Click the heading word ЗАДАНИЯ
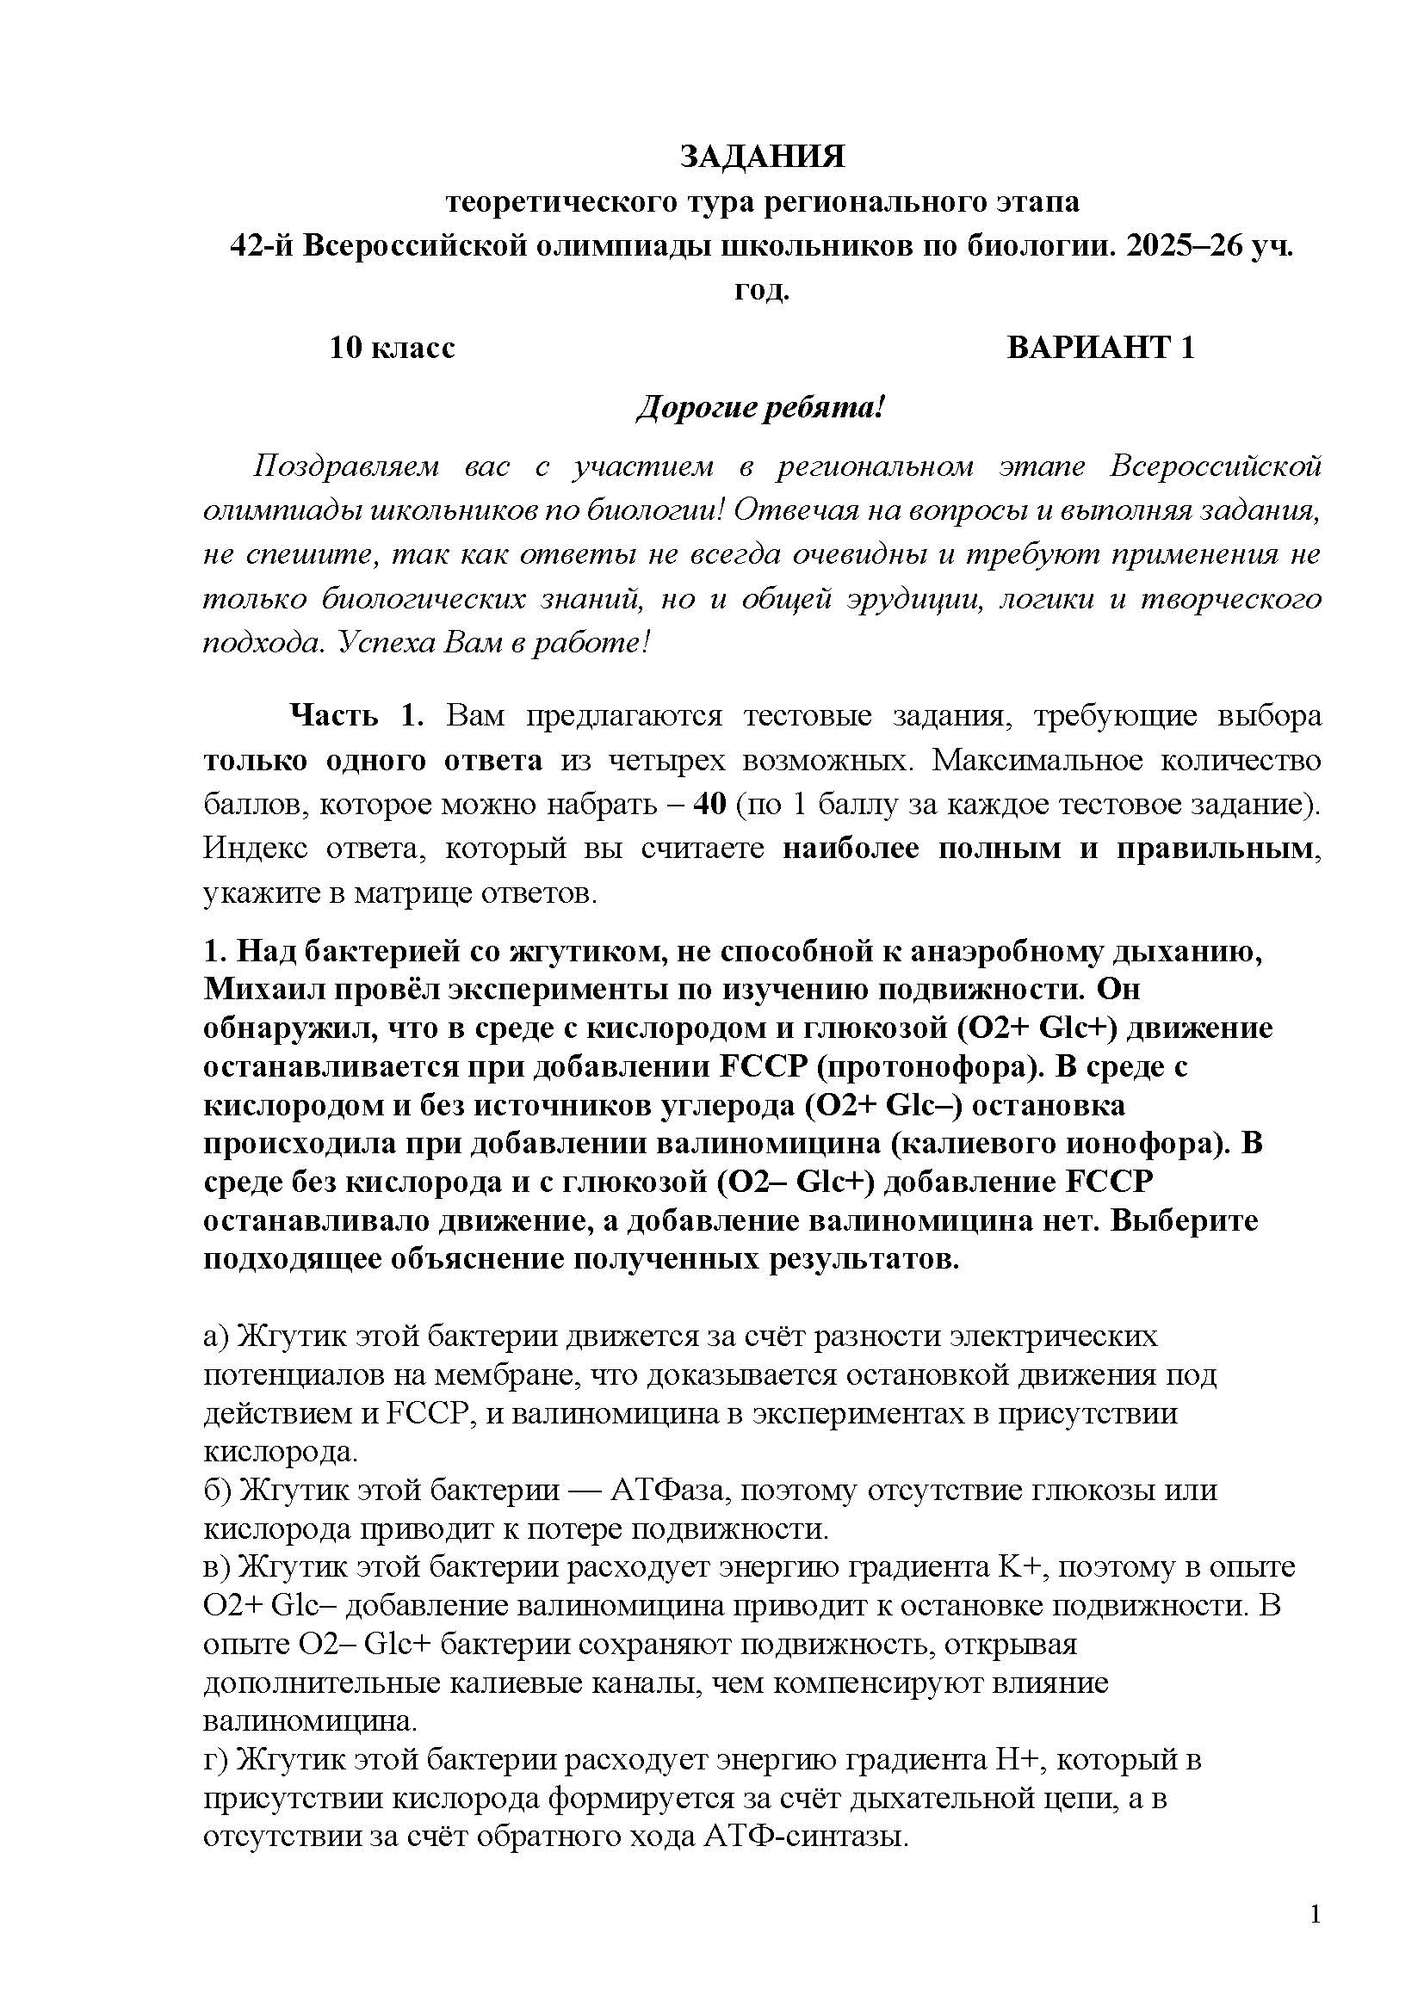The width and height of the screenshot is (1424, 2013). coord(762,157)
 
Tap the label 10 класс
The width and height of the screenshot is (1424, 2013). coord(392,348)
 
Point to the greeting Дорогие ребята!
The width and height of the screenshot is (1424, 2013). coord(759,408)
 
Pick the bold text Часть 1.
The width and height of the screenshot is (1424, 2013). coord(357,716)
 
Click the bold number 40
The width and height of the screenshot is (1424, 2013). coord(709,805)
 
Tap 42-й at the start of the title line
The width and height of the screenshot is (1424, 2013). coord(263,247)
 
